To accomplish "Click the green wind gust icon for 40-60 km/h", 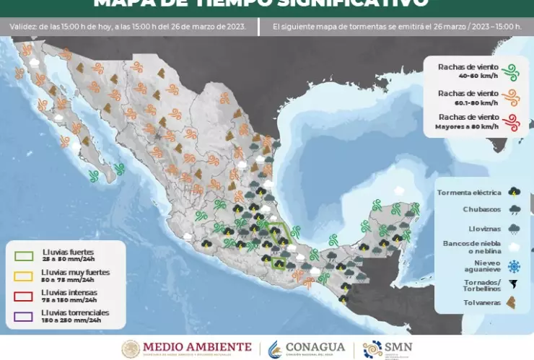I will pyautogui.click(x=512, y=71).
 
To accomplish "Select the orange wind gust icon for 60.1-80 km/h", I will pyautogui.click(x=512, y=96).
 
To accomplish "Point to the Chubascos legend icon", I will pyautogui.click(x=514, y=210).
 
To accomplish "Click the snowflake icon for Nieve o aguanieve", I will pyautogui.click(x=514, y=265).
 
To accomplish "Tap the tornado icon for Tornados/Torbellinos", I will pyautogui.click(x=514, y=284).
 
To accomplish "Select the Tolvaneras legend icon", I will pyautogui.click(x=514, y=302).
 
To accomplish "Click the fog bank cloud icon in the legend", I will pyautogui.click(x=514, y=246).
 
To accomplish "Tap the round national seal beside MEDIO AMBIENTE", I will pyautogui.click(x=131, y=348).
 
